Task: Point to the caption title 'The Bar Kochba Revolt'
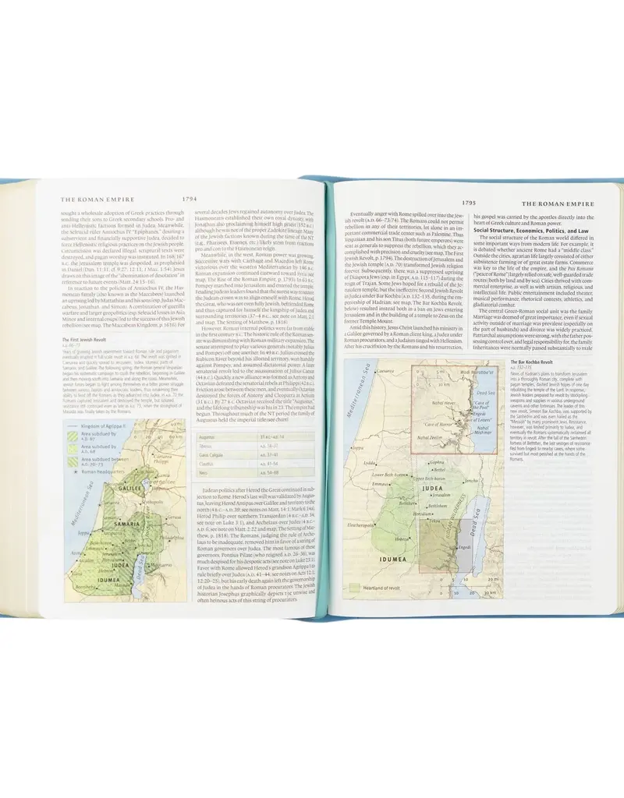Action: click(x=528, y=363)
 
